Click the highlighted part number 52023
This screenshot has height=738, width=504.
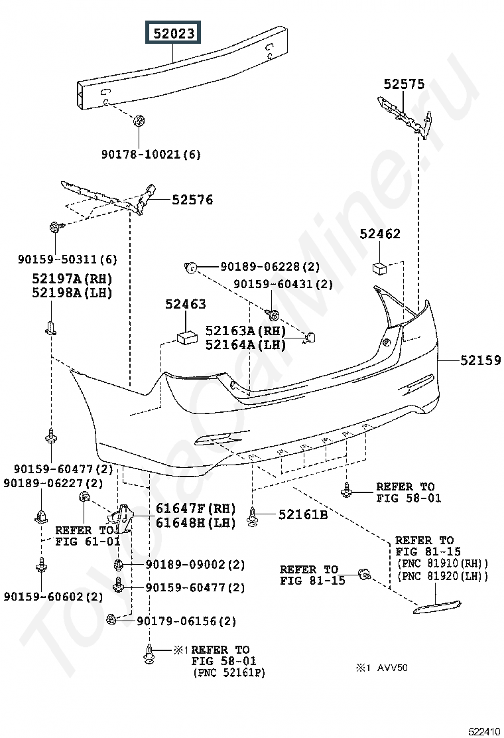(174, 33)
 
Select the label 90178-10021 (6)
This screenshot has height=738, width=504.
(151, 155)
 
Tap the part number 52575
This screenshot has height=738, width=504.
(404, 84)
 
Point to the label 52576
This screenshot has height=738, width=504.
(192, 200)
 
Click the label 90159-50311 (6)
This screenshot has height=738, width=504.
(67, 259)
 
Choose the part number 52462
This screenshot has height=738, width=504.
(380, 234)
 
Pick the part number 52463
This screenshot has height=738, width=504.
(185, 304)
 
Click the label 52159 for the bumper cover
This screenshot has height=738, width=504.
(481, 360)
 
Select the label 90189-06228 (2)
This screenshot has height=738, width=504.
(271, 267)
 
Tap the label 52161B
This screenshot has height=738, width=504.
(303, 514)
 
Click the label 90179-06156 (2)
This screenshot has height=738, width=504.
(186, 621)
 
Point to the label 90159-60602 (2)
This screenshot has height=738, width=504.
(53, 597)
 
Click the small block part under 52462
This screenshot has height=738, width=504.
(379, 269)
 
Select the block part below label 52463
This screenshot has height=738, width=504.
(186, 337)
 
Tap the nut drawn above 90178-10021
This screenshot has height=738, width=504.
(138, 120)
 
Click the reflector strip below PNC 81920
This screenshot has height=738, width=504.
(437, 608)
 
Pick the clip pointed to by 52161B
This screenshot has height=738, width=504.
(253, 517)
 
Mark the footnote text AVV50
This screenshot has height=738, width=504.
(392, 668)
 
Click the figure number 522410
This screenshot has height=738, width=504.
(485, 731)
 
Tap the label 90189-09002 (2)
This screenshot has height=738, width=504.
(195, 564)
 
